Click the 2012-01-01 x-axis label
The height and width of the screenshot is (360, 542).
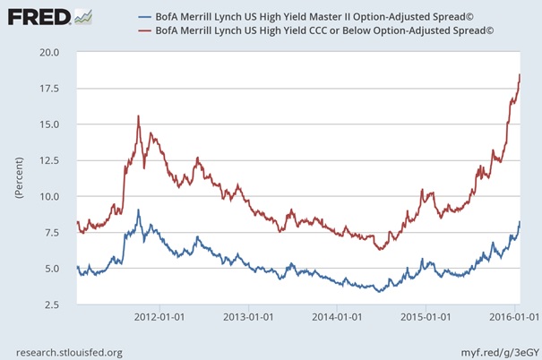(159, 316)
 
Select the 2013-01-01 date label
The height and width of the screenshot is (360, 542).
(247, 316)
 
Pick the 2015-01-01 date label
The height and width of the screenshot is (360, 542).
(425, 316)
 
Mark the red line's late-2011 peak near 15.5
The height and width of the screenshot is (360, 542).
(138, 116)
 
